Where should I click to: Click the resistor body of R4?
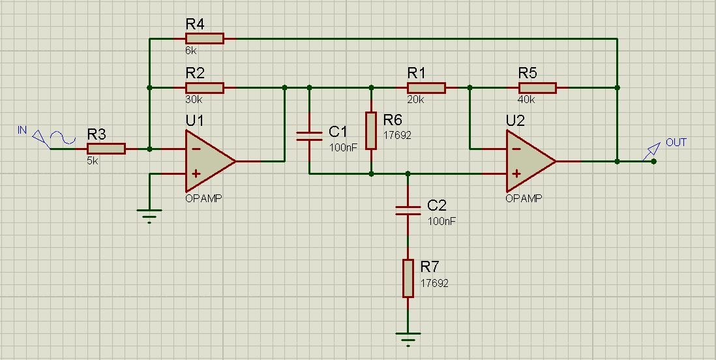[x=205, y=38]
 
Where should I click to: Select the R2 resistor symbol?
[x=205, y=87]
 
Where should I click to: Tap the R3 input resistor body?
[x=106, y=149]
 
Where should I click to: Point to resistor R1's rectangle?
[x=426, y=87]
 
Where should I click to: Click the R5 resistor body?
[x=537, y=87]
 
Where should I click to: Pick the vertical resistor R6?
[x=371, y=130]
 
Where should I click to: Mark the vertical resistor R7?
[x=408, y=278]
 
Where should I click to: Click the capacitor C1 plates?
[x=309, y=136]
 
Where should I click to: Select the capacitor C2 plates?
[x=408, y=210]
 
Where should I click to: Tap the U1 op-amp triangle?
[x=210, y=161]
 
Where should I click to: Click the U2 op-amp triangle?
[x=531, y=161]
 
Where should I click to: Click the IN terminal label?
[x=22, y=130]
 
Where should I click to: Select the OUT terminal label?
[x=676, y=143]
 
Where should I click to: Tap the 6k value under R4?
[x=191, y=51]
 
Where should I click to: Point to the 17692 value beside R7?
[x=434, y=283]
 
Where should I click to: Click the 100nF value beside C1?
[x=342, y=147]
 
